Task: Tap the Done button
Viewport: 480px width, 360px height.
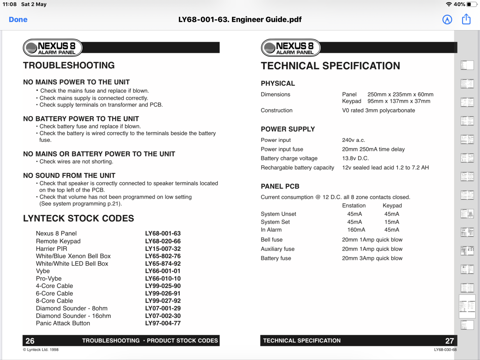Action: pyautogui.click(x=18, y=19)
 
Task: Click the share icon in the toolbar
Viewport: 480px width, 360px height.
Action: pyautogui.click(x=466, y=19)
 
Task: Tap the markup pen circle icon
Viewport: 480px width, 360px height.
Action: pyautogui.click(x=447, y=19)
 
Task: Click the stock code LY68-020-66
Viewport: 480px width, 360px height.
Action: pyautogui.click(x=163, y=241)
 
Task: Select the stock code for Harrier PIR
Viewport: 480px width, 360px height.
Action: pyautogui.click(x=163, y=249)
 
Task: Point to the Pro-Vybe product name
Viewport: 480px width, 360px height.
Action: pyautogui.click(x=49, y=278)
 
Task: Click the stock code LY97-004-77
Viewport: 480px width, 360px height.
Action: pyautogui.click(x=163, y=323)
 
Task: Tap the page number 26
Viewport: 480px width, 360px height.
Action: pyautogui.click(x=30, y=341)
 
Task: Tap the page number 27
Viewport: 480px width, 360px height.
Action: pyautogui.click(x=449, y=341)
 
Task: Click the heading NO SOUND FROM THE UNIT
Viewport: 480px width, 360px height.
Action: pyautogui.click(x=69, y=175)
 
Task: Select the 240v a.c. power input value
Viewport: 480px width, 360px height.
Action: pyautogui.click(x=353, y=140)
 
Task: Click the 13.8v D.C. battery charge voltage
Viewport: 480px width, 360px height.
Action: pyautogui.click(x=355, y=158)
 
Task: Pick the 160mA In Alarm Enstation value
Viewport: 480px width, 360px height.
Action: pyautogui.click(x=356, y=230)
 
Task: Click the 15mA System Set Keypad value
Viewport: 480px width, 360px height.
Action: pyautogui.click(x=391, y=222)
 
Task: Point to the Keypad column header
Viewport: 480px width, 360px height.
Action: pyautogui.click(x=392, y=205)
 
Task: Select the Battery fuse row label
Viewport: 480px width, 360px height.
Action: pyautogui.click(x=276, y=258)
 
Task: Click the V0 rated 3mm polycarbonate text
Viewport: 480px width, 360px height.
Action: pyautogui.click(x=378, y=110)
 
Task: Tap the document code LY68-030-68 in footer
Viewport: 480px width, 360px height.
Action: pyautogui.click(x=445, y=350)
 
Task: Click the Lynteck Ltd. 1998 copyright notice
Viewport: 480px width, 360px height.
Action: pyautogui.click(x=41, y=350)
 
